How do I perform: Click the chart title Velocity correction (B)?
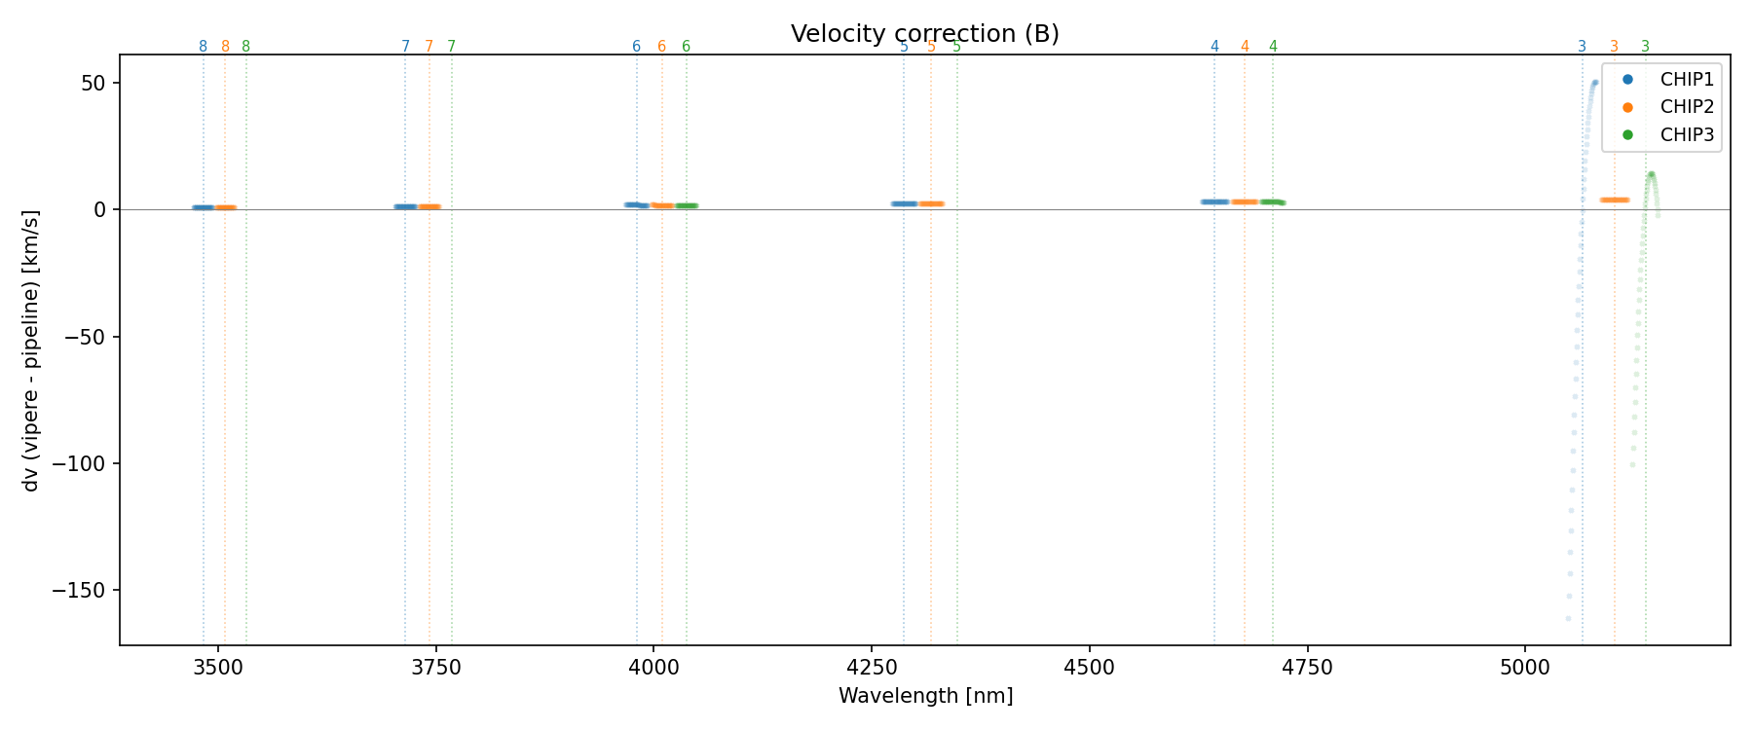pos(924,34)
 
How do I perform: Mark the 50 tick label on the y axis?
pos(93,83)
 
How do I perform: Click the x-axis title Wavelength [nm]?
pos(925,696)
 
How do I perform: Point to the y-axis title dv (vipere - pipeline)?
pos(31,350)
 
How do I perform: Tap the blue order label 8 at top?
pos(203,47)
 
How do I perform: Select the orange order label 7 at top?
pos(429,47)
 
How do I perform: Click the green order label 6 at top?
pos(686,47)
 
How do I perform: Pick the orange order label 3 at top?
pos(1614,47)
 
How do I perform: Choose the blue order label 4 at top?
pos(1214,47)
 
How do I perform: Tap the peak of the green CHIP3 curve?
pos(1651,174)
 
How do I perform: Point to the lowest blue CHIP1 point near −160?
pos(1568,618)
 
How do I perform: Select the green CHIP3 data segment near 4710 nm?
pos(1272,201)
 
